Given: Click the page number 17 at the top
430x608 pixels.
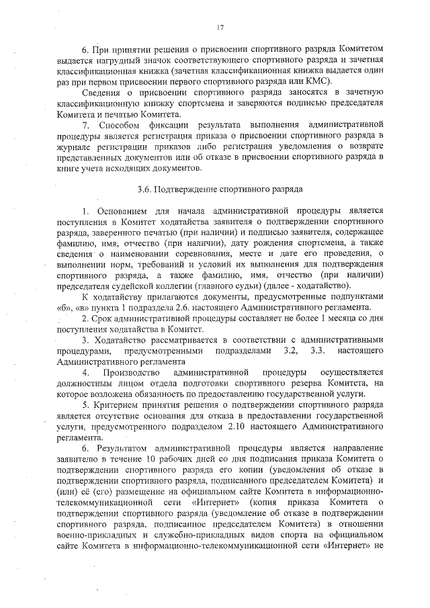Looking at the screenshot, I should [x=220, y=28].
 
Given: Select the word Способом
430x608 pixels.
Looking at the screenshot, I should [x=124, y=125].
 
